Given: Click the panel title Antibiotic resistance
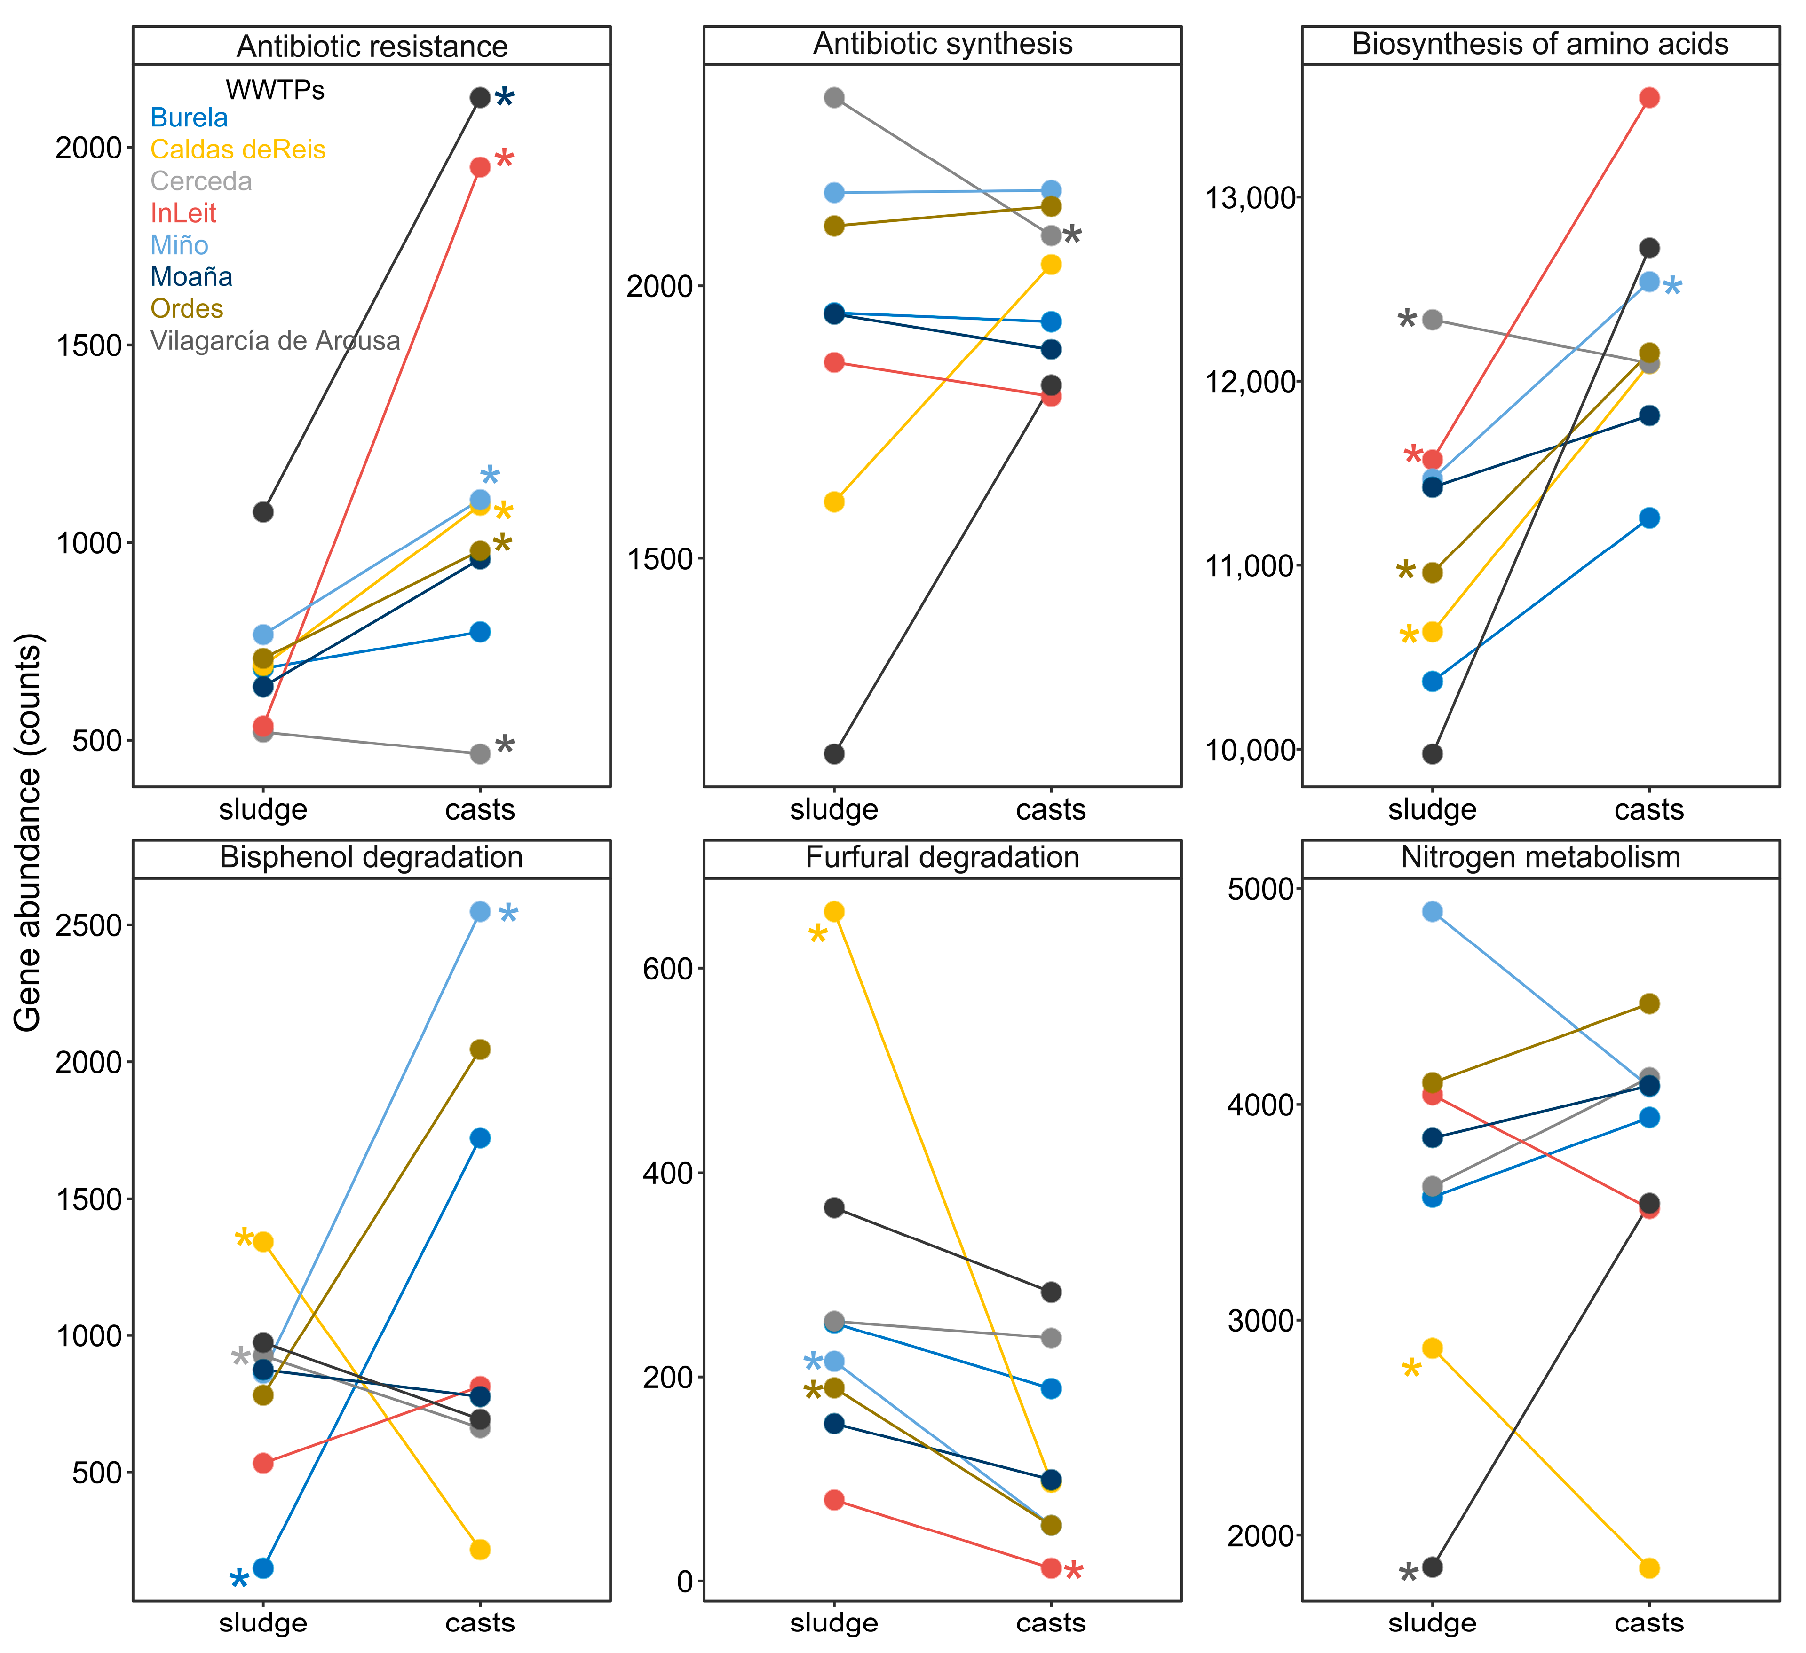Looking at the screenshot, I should [x=371, y=46].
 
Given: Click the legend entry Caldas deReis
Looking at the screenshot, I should [x=238, y=149].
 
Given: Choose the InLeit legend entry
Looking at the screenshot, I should [x=183, y=213].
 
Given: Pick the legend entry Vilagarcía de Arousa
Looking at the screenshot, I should [x=275, y=341].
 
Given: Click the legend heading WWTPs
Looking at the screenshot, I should [x=275, y=90].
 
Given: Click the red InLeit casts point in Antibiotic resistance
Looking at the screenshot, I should [x=480, y=166].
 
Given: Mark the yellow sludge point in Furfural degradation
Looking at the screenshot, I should [x=834, y=911].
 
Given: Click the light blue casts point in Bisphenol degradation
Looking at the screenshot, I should [x=480, y=911].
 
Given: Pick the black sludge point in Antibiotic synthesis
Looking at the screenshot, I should [x=834, y=754].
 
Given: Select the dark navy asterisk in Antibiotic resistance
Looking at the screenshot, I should [x=505, y=98].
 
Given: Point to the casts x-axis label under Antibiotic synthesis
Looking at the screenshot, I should [x=1051, y=809].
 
